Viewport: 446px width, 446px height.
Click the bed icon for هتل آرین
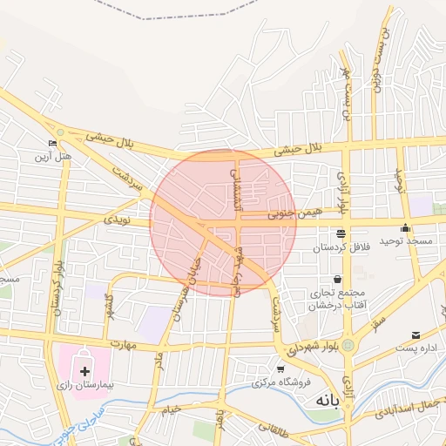(54, 143)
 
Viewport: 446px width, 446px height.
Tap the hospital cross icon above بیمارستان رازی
(84, 371)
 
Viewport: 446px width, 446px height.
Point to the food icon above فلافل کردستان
(340, 233)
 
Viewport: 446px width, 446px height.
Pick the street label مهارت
(123, 344)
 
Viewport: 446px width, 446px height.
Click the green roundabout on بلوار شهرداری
(349, 346)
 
